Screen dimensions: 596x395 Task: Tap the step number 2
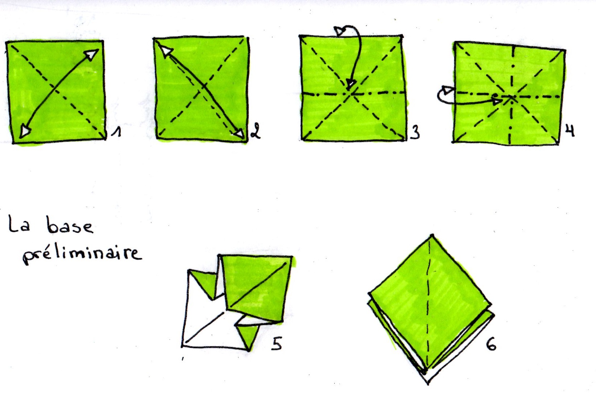click(255, 131)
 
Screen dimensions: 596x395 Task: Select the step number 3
click(415, 133)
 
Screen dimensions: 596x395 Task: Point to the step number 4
click(569, 130)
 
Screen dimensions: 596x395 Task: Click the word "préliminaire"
click(82, 256)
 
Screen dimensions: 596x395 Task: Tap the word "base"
click(70, 225)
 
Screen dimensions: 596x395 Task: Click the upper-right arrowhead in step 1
click(92, 54)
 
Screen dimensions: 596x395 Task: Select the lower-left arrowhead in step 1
click(24, 131)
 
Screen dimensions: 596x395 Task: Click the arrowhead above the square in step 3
click(339, 31)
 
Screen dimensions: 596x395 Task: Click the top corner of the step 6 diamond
click(432, 235)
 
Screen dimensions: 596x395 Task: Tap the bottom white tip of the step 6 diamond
click(428, 384)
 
